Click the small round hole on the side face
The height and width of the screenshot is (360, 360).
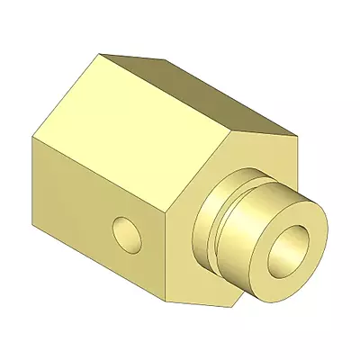point(129,233)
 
